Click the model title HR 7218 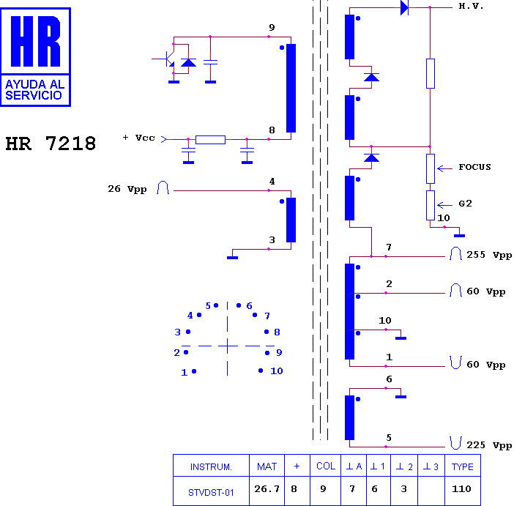[51, 144]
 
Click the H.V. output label [471, 7]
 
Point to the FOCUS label [474, 167]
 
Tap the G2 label [465, 204]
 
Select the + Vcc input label [138, 138]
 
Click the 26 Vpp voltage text [127, 189]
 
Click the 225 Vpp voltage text [489, 445]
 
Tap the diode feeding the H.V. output [404, 7]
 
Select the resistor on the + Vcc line [210, 140]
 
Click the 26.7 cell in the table [267, 489]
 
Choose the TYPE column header [462, 466]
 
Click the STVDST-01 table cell [211, 493]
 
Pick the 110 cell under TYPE [461, 489]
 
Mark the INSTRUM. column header [211, 466]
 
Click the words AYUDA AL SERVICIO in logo [34, 90]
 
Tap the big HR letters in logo [35, 41]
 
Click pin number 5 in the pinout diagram [208, 306]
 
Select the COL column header [326, 466]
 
